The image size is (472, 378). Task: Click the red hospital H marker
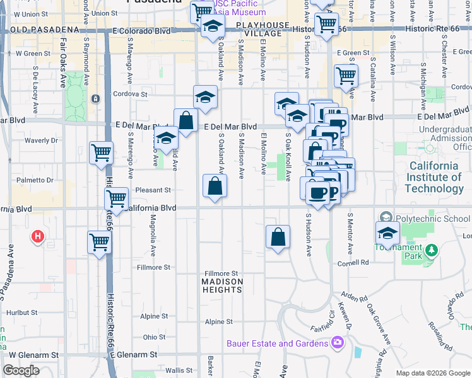[38, 237]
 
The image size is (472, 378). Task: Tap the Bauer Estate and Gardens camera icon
[338, 343]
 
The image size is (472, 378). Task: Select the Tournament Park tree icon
[432, 251]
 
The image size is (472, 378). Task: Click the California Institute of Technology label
[434, 177]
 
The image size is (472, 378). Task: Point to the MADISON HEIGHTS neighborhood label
[222, 285]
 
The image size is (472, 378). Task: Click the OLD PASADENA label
[38, 30]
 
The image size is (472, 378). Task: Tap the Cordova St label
[130, 94]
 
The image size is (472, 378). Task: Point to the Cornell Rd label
[352, 263]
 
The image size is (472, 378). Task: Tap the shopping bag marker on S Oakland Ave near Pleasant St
[215, 186]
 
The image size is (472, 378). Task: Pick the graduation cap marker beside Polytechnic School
[387, 232]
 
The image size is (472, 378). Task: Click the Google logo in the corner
[21, 370]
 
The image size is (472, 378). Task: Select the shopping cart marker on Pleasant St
[117, 198]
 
